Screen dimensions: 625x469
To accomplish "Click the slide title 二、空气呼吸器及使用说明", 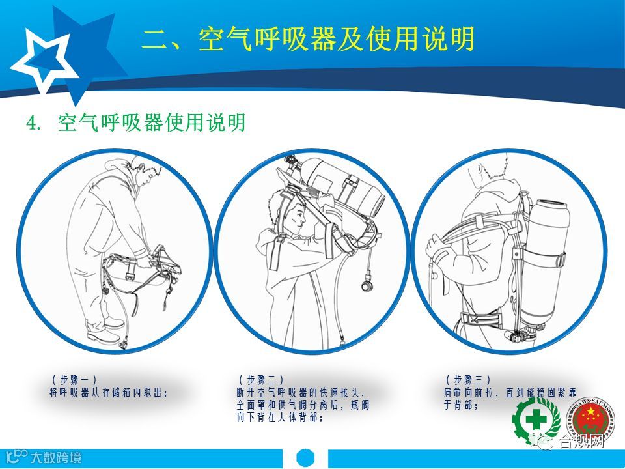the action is pyautogui.click(x=308, y=39).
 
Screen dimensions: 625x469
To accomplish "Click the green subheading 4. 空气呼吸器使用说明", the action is pyautogui.click(x=135, y=122).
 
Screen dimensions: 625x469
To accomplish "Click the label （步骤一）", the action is pyautogui.click(x=74, y=379).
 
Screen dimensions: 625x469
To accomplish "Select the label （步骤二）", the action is pyautogui.click(x=262, y=379).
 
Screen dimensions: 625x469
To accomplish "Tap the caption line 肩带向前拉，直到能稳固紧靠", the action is pyautogui.click(x=510, y=392).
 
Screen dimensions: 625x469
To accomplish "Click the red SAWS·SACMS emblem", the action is pyautogui.click(x=590, y=420).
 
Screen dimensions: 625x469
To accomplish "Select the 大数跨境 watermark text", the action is pyautogui.click(x=56, y=457).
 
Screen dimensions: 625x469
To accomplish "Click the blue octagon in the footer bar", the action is pyautogui.click(x=306, y=457).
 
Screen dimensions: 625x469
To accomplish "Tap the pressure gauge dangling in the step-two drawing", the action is pyautogui.click(x=367, y=285).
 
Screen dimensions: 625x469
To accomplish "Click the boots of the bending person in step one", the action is pyautogui.click(x=104, y=332).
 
